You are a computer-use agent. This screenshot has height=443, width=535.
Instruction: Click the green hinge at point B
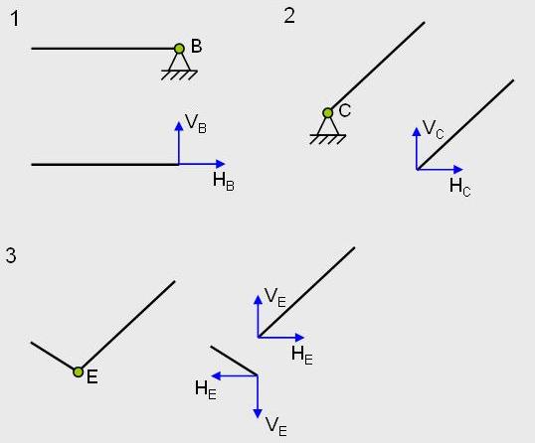click(179, 49)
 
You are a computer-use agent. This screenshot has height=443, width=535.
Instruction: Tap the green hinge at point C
click(327, 113)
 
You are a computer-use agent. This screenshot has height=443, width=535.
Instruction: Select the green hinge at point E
click(79, 371)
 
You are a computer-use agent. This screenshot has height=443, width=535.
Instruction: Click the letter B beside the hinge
click(197, 46)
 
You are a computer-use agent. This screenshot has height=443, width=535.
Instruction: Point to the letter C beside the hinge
click(345, 111)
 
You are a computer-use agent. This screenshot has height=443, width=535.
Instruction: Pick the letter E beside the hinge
click(92, 377)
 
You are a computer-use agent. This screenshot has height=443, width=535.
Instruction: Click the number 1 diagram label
click(14, 19)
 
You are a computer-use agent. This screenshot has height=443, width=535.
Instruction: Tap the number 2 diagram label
click(289, 16)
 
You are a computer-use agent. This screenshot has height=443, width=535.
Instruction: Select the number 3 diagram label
click(11, 255)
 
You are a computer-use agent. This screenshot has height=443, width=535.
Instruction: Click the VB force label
click(196, 123)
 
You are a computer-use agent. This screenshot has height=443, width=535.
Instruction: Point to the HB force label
click(224, 181)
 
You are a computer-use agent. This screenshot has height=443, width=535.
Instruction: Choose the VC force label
click(434, 130)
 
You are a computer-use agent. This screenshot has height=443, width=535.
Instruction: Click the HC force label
click(460, 188)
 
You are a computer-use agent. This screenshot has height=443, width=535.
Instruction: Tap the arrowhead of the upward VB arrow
click(179, 126)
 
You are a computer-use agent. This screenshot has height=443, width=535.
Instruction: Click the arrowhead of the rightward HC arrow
click(457, 169)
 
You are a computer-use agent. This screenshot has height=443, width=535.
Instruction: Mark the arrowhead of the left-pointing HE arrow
click(217, 375)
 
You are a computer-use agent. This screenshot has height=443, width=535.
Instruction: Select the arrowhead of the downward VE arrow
click(258, 413)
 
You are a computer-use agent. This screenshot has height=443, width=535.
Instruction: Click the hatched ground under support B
click(179, 74)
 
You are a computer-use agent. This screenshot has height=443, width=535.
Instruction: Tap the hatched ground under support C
click(327, 139)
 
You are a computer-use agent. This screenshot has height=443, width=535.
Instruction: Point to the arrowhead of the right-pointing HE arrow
click(299, 338)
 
